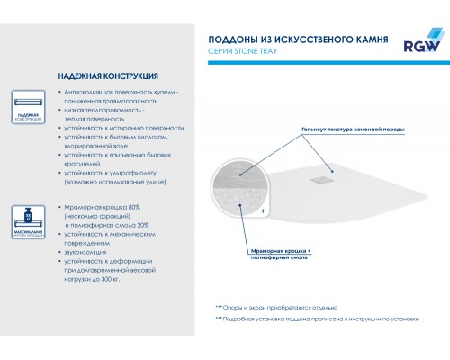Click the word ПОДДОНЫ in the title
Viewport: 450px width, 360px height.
229,40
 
